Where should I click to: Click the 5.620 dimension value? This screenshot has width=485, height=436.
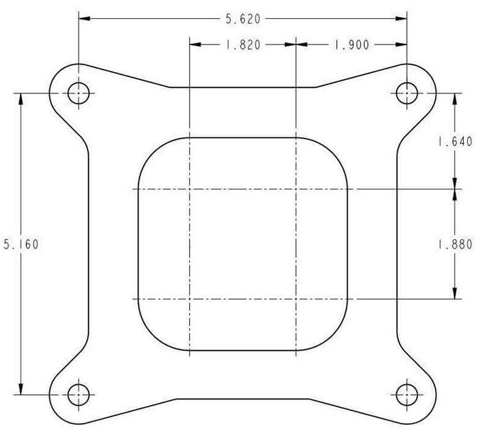[243, 20]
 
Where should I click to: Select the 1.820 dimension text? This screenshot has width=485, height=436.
[243, 45]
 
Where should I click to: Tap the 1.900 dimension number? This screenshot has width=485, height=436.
[351, 45]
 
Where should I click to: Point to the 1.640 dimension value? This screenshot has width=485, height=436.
[455, 142]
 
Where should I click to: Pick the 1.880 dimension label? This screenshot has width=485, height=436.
[455, 244]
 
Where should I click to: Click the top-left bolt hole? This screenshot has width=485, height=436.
[78, 94]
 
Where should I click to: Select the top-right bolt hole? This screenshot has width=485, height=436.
[406, 94]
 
